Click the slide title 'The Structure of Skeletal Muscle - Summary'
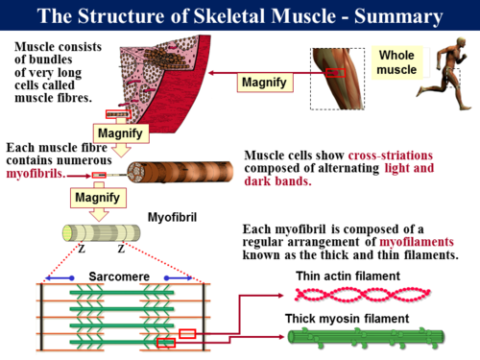240,16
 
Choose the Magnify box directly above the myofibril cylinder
97,199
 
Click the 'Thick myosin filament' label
356,317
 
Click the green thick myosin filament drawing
365,336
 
